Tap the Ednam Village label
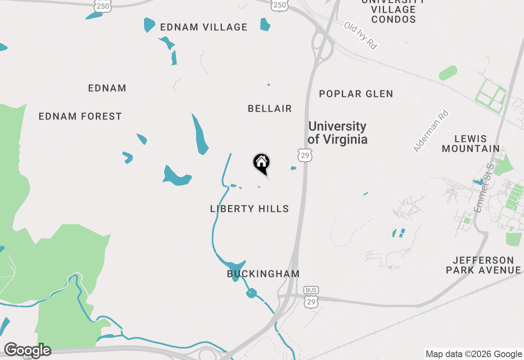pos(204,27)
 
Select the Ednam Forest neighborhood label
pos(80,117)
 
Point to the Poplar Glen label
pos(356,94)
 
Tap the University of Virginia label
pos(337,133)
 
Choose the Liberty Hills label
pos(249,209)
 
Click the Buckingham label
pos(263,274)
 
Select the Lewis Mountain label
pos(471,144)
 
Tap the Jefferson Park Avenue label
pos(483,265)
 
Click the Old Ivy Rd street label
pos(360,36)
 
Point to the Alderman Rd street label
pos(431,132)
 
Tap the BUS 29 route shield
pos(311,297)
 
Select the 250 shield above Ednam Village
pos(102,5)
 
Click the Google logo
pos(27,351)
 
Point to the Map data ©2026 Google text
pos(474,354)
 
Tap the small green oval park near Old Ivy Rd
pos(448,73)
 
